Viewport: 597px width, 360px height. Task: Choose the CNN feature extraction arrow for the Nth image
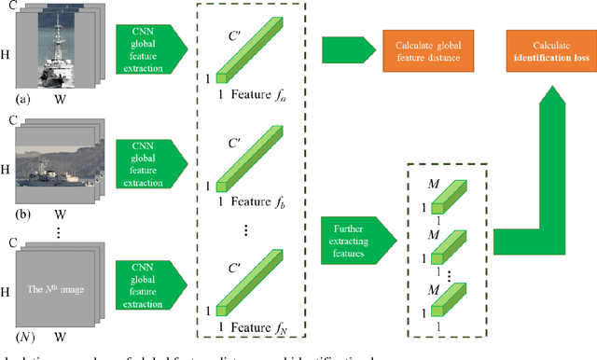coord(150,273)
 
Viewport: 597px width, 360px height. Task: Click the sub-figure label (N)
coord(15,335)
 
